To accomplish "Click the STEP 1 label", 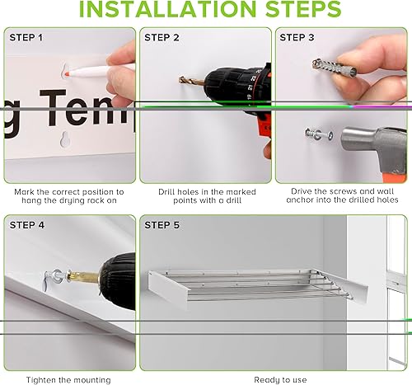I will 27,38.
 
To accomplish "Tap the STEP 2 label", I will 162,38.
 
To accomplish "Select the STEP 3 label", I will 297,38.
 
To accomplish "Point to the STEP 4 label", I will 27,224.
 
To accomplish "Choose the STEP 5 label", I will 162,224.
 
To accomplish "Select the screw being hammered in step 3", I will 316,131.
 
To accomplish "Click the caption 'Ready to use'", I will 280,379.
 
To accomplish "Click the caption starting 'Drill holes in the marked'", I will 203,191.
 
